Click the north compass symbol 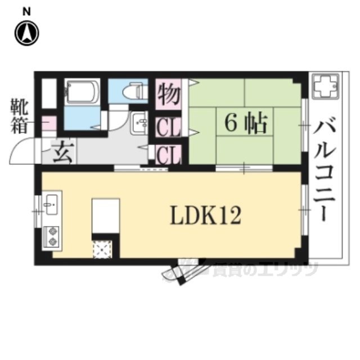coord(27,34)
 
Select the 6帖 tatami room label coord(246,123)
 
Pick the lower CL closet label coord(169,154)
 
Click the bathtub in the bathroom coord(82,91)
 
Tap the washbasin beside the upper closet coord(139,124)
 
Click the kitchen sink coord(52,205)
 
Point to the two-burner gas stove coord(52,237)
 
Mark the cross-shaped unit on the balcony coord(325,87)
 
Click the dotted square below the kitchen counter coord(102,249)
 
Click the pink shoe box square coord(49,123)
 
